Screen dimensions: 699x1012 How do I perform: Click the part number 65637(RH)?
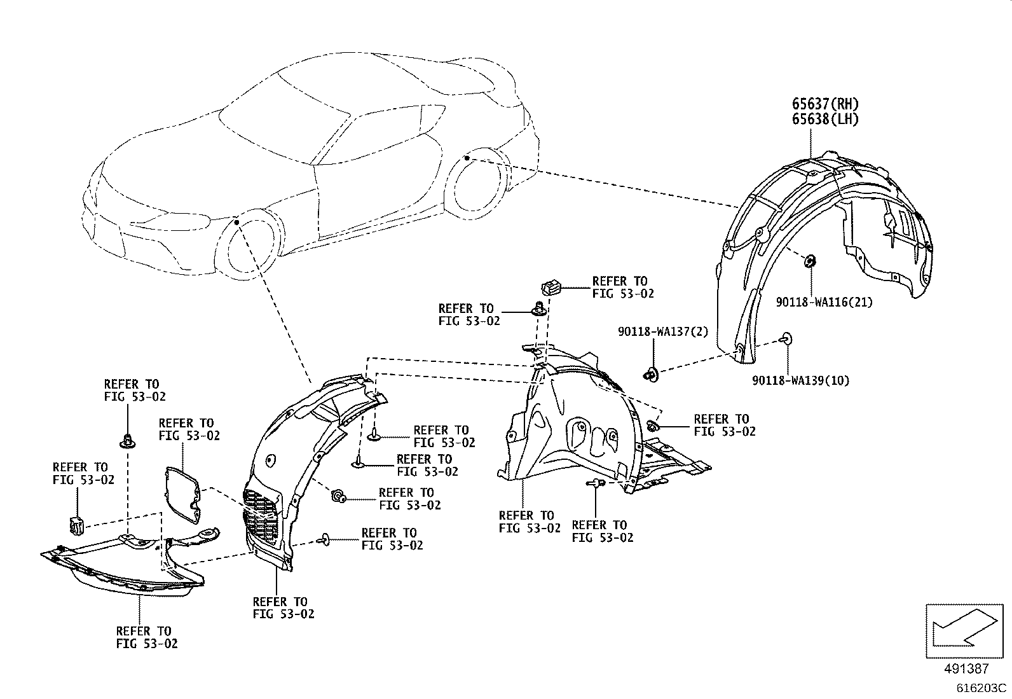point(824,104)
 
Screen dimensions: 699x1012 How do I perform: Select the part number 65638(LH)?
point(824,119)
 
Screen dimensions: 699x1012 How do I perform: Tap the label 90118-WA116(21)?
point(824,303)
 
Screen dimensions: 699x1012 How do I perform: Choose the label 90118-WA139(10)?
point(800,381)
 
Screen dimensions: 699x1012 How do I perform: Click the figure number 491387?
point(966,668)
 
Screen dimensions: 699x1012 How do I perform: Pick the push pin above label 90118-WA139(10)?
point(787,337)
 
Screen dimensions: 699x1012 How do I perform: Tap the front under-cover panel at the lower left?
point(121,566)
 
